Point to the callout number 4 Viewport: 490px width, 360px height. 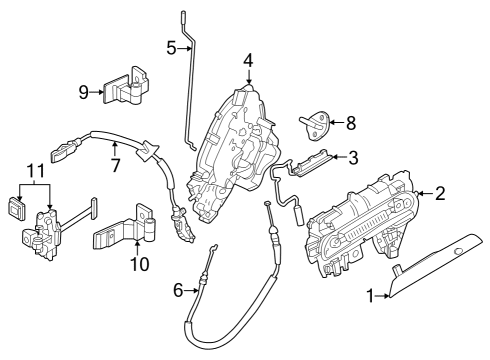pyautogui.click(x=248, y=62)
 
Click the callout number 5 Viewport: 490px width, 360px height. pyautogui.click(x=171, y=47)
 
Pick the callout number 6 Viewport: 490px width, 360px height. pyautogui.click(x=178, y=290)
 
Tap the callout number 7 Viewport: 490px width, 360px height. pyautogui.click(x=115, y=164)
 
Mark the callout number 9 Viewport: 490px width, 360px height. pyautogui.click(x=84, y=93)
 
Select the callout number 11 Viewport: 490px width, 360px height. pyautogui.click(x=36, y=173)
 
